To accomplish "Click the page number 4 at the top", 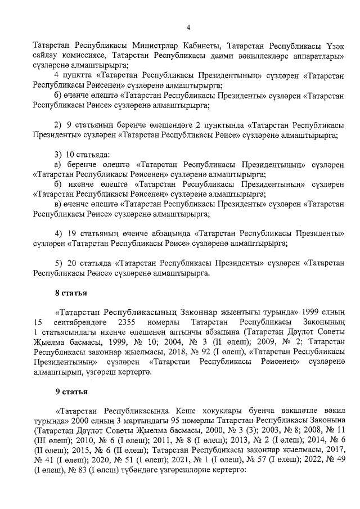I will (188, 27).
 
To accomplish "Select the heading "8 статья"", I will (71, 292).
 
